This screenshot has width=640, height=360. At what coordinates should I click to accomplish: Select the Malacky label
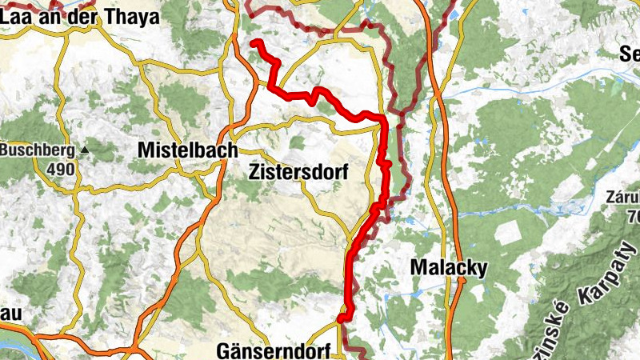pyautogui.click(x=448, y=268)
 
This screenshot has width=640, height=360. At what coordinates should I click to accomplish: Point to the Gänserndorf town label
pyautogui.click(x=268, y=350)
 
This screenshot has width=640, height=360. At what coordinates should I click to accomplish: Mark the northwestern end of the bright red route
pyautogui.click(x=254, y=42)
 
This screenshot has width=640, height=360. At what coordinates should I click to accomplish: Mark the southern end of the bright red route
pyautogui.click(x=342, y=318)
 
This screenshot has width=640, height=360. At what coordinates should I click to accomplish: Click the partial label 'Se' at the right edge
pyautogui.click(x=630, y=54)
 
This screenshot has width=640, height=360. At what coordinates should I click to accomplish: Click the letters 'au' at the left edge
pyautogui.click(x=8, y=314)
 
